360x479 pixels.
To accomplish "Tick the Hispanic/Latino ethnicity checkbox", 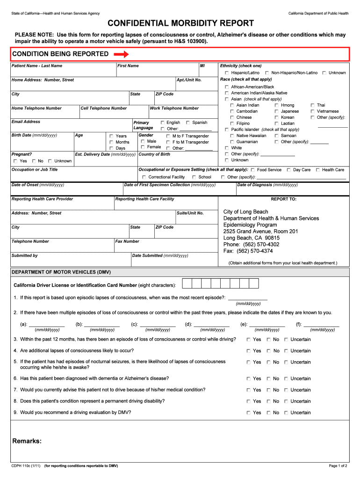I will [227, 73].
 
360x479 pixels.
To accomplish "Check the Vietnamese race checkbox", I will [313, 111].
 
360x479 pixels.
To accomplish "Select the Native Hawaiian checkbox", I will [232, 136].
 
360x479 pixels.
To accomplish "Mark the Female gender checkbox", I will [143, 147].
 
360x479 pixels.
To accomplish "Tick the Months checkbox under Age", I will [111, 142].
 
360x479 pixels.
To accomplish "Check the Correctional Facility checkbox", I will [144, 177].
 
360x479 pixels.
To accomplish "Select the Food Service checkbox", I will [252, 170].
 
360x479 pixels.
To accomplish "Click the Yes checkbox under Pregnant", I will [15, 161].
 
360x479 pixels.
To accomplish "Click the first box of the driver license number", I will [187, 284].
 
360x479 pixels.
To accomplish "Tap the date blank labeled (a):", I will [46, 324].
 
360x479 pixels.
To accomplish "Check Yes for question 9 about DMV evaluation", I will [248, 413].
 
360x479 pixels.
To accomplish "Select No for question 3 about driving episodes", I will [268, 340].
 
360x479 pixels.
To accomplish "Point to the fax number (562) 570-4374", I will [248, 251].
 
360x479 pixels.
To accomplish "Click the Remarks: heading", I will [27, 441].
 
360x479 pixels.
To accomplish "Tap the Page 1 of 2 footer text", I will [338, 466].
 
